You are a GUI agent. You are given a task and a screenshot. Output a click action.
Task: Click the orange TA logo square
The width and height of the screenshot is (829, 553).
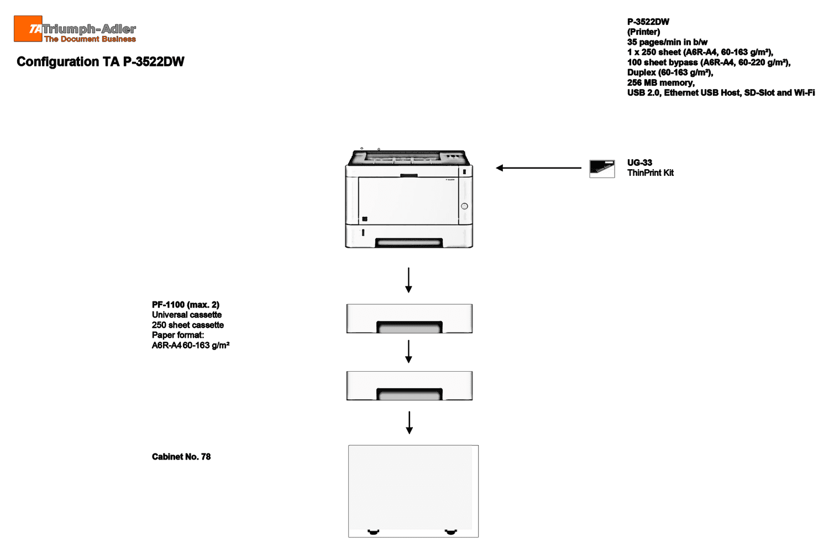(28, 29)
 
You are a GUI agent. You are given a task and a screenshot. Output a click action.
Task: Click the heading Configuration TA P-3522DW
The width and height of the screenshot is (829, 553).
(100, 61)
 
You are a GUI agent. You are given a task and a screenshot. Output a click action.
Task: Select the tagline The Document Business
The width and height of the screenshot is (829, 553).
(90, 39)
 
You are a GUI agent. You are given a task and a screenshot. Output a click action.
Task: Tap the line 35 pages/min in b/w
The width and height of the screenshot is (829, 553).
(667, 42)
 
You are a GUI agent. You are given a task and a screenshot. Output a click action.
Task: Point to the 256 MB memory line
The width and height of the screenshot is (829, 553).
(660, 82)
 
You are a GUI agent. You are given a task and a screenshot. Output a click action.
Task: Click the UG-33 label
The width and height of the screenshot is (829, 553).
(639, 163)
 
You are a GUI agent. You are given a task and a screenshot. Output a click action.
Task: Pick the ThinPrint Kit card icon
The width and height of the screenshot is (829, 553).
(602, 169)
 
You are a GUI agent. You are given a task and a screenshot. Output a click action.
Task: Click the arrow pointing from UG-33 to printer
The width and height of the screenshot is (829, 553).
(538, 168)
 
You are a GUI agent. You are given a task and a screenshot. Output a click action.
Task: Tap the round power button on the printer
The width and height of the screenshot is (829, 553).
(464, 206)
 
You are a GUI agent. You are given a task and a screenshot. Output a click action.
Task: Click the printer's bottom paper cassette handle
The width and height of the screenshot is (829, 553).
(408, 243)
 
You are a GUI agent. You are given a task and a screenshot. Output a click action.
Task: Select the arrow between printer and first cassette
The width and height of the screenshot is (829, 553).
(408, 280)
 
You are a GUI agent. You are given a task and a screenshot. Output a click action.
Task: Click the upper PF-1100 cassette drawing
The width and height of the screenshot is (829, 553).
(410, 319)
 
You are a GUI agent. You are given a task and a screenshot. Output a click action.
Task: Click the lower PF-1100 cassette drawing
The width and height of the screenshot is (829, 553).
(410, 385)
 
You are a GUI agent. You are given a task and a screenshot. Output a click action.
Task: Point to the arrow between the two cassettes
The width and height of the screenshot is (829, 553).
(408, 351)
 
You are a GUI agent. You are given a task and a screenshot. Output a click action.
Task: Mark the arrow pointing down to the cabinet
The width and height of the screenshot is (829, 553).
(409, 422)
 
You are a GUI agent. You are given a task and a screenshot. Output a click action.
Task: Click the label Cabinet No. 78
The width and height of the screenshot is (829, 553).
(181, 457)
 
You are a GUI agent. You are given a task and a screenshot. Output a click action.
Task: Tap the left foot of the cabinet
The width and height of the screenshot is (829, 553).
(374, 532)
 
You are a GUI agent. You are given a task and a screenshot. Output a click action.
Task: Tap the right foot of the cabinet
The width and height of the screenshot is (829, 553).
(450, 532)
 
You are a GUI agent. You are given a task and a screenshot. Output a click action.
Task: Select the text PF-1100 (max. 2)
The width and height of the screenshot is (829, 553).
(185, 305)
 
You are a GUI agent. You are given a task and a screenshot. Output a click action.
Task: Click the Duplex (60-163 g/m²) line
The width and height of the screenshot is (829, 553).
(670, 72)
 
